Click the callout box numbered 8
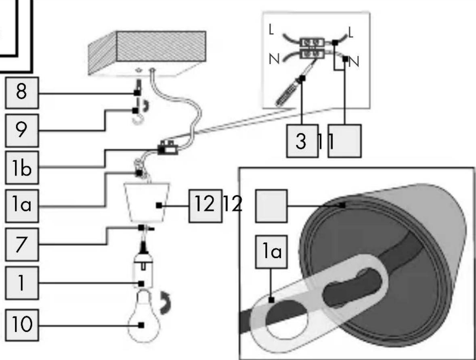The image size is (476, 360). click(x=22, y=92)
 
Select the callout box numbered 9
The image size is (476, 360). click(x=22, y=130)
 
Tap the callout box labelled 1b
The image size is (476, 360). click(x=22, y=167)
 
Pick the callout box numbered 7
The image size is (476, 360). click(x=22, y=244)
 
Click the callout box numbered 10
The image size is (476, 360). click(x=22, y=325)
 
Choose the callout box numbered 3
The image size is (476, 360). click(x=302, y=141)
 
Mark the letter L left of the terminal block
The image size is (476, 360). click(x=271, y=30)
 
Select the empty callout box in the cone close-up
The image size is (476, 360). click(x=271, y=206)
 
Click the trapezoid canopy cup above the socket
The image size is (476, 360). click(x=147, y=202)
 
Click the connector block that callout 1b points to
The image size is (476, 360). click(x=168, y=148)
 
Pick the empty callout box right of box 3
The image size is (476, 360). click(x=344, y=141)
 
